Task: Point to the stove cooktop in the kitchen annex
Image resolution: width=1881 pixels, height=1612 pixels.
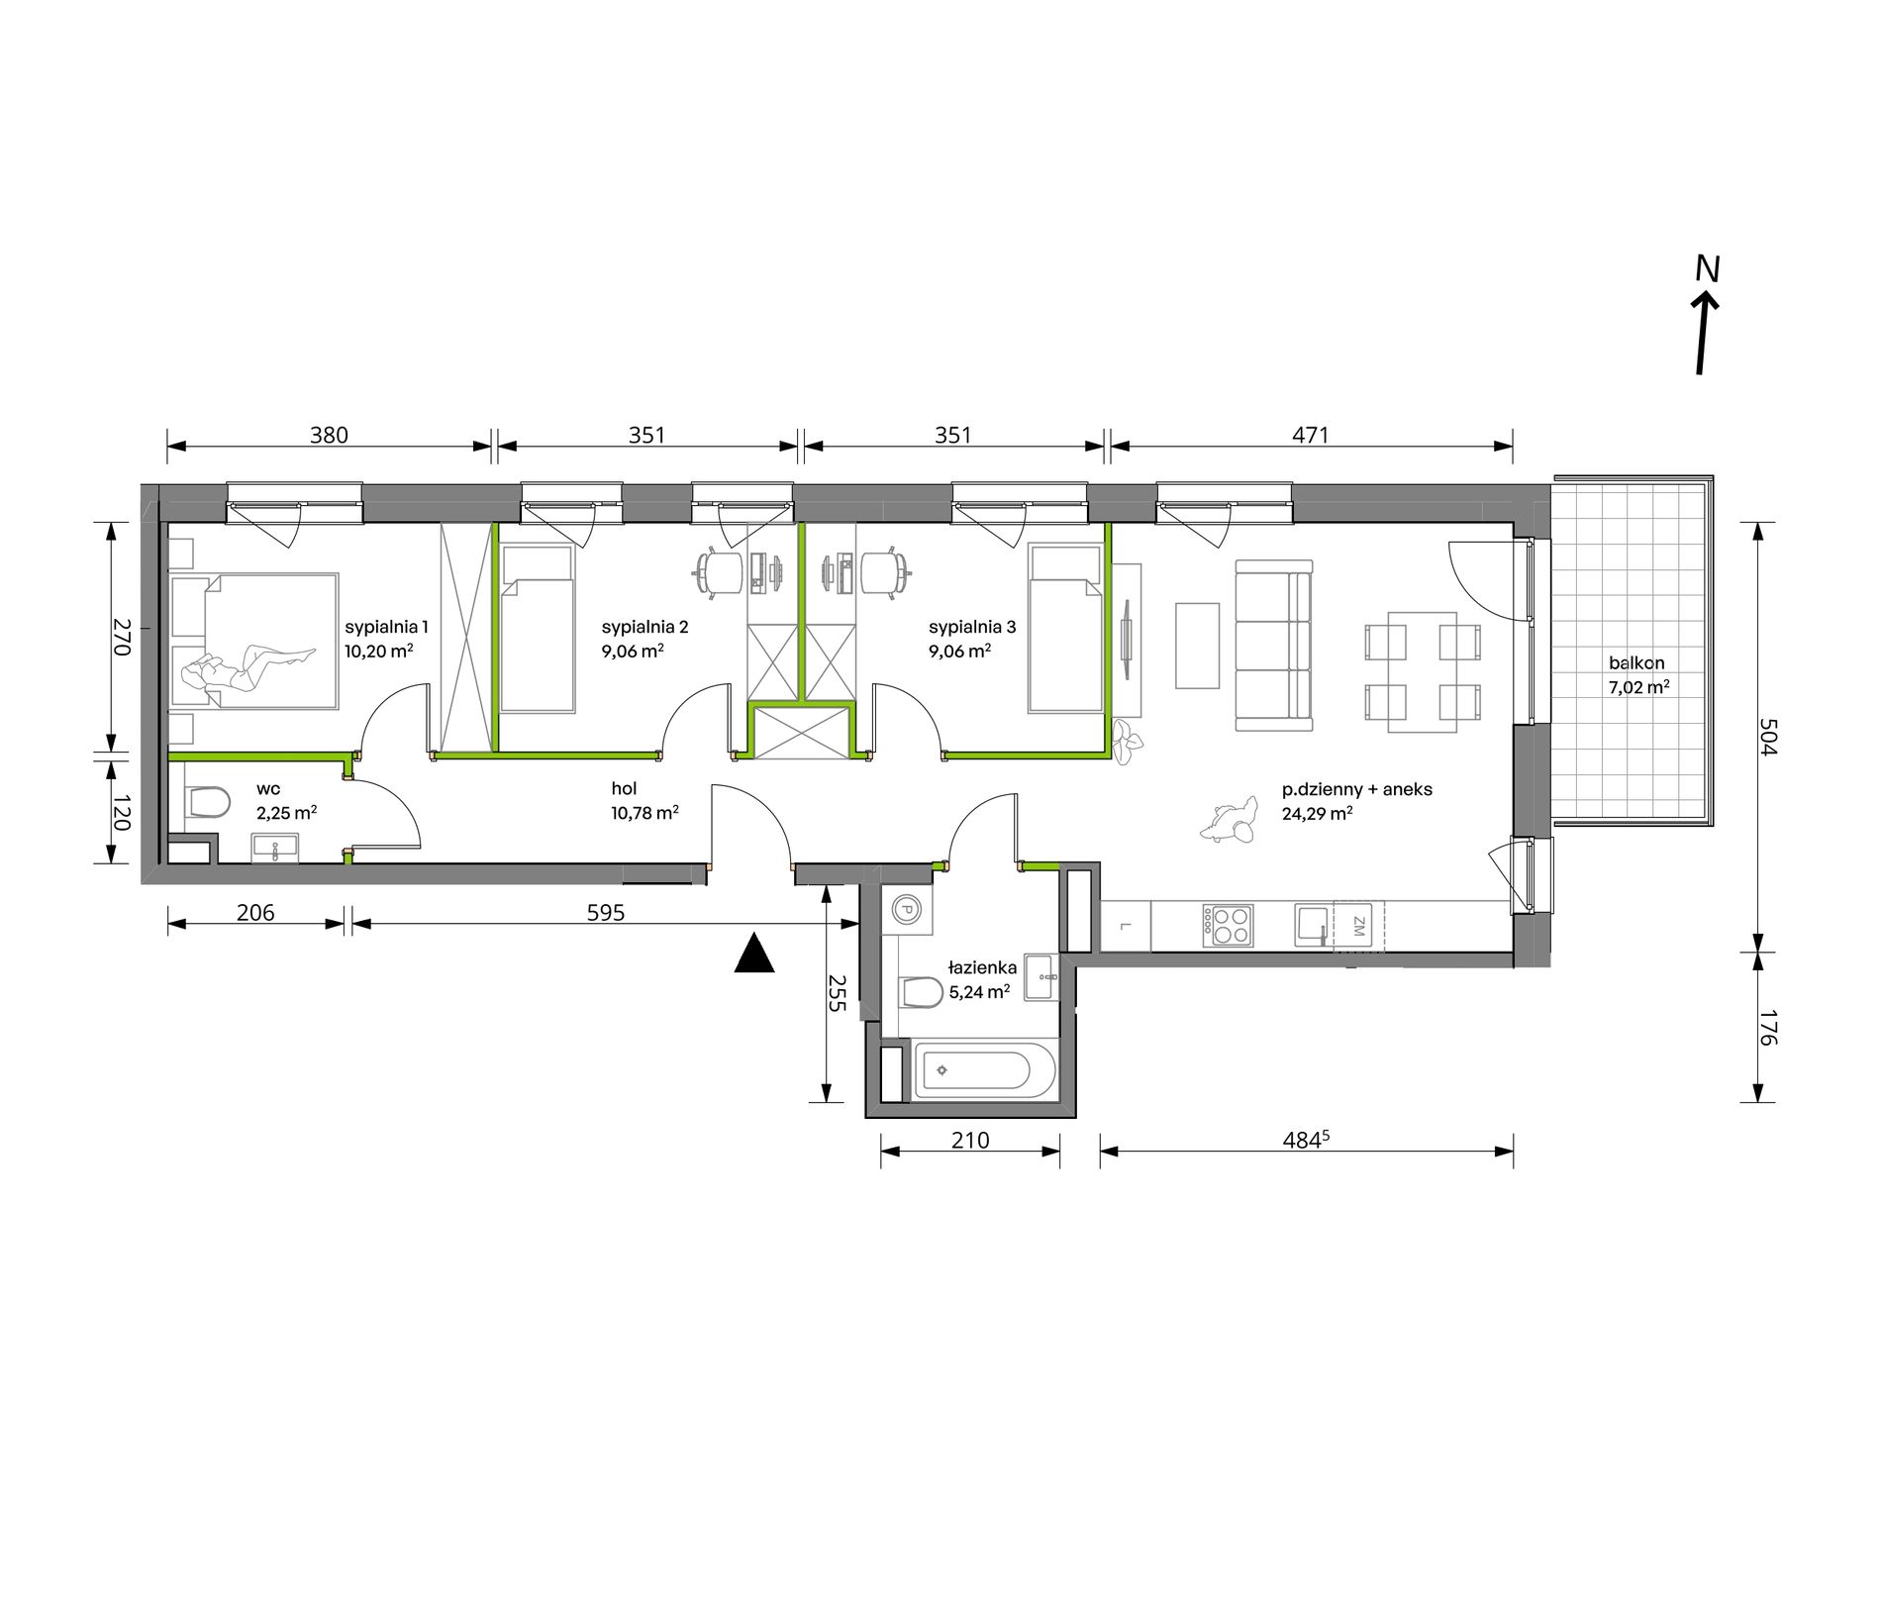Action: (1228, 926)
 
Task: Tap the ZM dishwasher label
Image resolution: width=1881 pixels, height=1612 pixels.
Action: (1358, 926)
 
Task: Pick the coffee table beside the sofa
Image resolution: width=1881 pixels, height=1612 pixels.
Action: (1197, 645)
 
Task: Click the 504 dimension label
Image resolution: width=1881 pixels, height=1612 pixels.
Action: (1769, 738)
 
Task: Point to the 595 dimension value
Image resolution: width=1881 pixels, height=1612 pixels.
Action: (606, 913)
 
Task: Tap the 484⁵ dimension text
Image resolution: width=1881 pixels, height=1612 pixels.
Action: (1307, 1140)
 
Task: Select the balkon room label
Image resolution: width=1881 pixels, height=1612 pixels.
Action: (1636, 663)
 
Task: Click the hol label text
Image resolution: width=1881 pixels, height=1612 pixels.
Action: (624, 789)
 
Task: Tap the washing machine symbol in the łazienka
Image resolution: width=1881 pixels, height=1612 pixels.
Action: (906, 910)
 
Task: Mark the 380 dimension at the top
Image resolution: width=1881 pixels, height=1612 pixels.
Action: (329, 435)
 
